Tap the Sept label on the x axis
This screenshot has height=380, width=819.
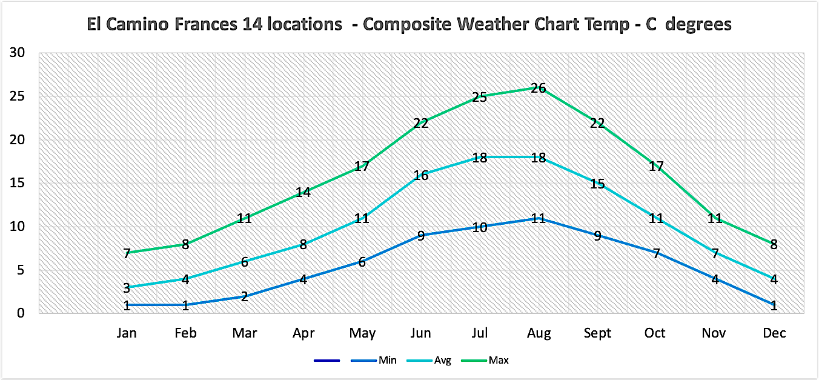597,333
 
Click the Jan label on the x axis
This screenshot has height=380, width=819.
127,333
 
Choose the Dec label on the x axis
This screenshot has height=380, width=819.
774,333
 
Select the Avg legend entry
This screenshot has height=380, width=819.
442,361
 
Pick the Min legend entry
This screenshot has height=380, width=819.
387,361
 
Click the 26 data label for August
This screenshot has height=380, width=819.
538,88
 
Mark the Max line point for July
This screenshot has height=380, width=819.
479,97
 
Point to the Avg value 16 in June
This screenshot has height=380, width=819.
420,176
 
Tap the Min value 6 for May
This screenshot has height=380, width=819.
362,262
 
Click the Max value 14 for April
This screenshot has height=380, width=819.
303,193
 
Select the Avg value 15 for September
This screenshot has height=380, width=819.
597,184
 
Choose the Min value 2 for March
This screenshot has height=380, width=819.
244,297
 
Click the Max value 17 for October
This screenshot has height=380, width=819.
656,166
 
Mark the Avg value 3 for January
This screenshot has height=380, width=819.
127,288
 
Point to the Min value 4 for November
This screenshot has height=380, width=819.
715,280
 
